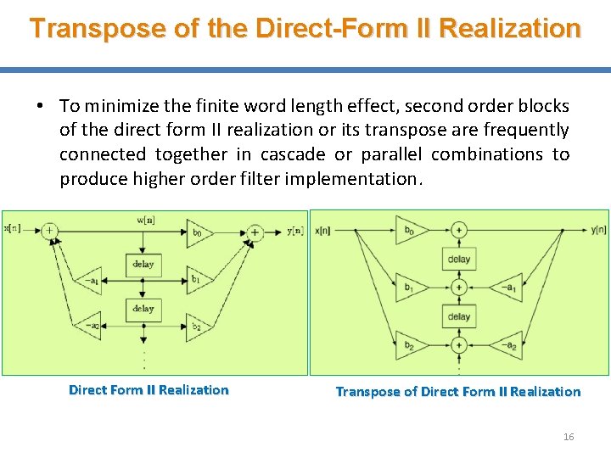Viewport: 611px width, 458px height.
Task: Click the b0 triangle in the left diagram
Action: (198, 231)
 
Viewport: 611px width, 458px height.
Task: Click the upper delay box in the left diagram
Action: (143, 265)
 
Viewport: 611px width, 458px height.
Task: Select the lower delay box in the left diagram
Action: (143, 309)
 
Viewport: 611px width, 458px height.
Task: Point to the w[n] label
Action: (146, 220)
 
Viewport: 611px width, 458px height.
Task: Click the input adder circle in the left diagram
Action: (50, 231)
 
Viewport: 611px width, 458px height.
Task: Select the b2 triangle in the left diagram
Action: (198, 326)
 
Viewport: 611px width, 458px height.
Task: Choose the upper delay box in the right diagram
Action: (458, 259)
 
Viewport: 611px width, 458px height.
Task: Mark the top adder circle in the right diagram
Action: (458, 230)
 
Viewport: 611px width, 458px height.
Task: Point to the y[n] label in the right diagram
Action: (598, 230)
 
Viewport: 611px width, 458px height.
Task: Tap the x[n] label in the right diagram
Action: (323, 230)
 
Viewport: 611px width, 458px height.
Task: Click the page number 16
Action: (569, 437)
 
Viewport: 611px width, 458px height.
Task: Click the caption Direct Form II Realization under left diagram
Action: (149, 390)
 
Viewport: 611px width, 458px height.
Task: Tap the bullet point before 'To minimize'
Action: (40, 106)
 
